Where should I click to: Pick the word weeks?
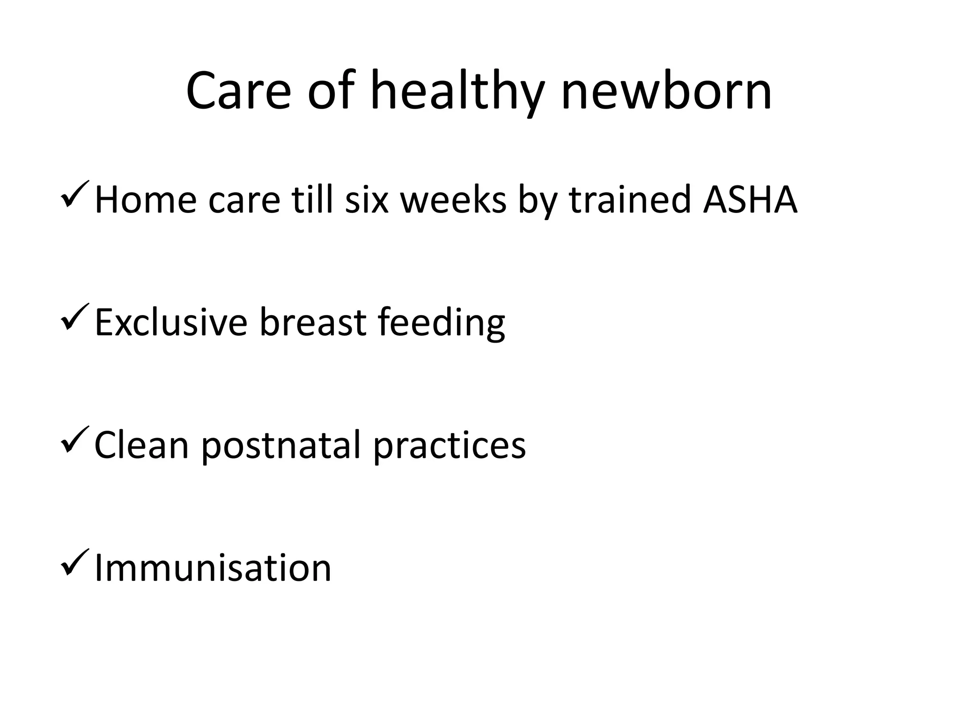[x=453, y=199]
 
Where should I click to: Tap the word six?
[x=367, y=199]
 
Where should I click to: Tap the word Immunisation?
[x=213, y=568]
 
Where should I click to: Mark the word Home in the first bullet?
[x=146, y=199]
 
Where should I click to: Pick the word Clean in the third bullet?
[x=141, y=445]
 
